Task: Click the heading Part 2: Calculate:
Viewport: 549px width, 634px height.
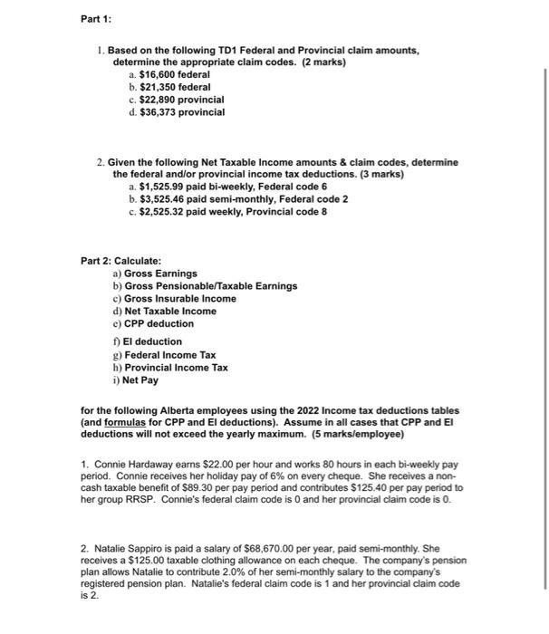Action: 120,261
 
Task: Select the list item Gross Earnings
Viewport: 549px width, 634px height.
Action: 159,274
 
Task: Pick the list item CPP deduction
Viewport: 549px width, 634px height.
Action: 159,323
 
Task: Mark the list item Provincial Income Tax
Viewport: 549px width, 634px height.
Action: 176,368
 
